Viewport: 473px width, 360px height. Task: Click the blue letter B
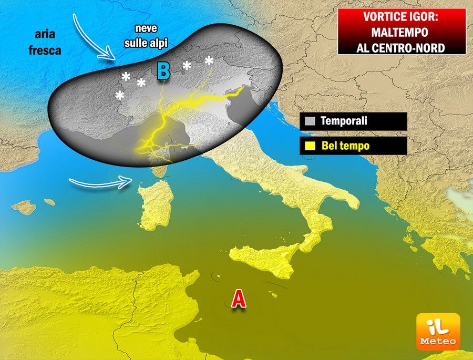pyautogui.click(x=163, y=71)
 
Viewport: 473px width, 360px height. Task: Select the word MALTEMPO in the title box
pyautogui.click(x=402, y=32)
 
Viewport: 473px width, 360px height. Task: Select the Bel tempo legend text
pyautogui.click(x=345, y=146)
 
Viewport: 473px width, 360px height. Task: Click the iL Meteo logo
pyautogui.click(x=438, y=332)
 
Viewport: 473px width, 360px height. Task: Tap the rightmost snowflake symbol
pyautogui.click(x=209, y=60)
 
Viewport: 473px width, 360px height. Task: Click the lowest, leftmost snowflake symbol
pyautogui.click(x=120, y=95)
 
